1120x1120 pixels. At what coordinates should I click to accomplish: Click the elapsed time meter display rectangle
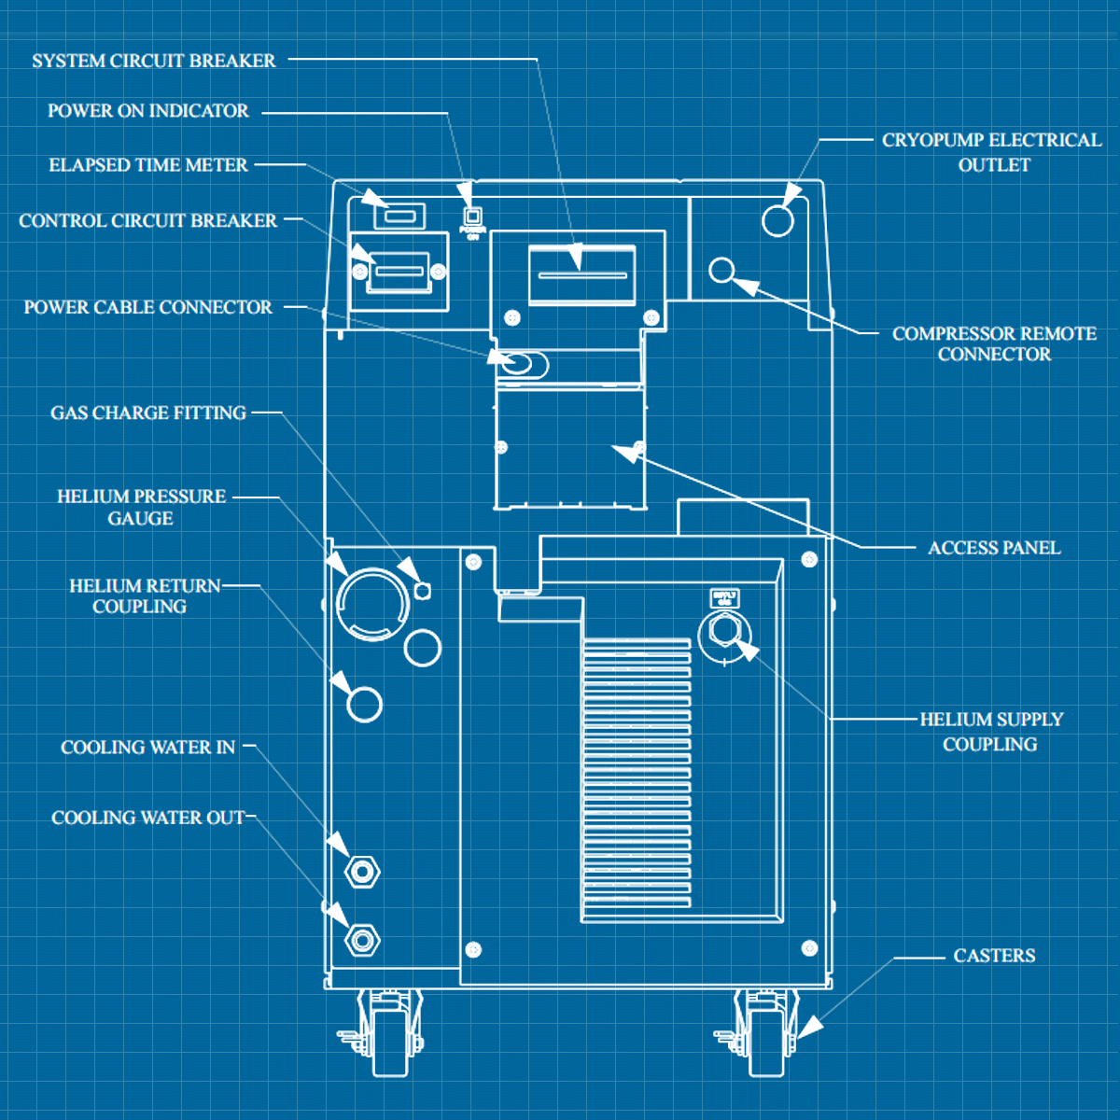click(x=400, y=217)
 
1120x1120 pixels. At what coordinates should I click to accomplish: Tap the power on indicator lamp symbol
click(x=472, y=217)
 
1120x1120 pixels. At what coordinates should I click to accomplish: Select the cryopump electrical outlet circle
click(x=777, y=220)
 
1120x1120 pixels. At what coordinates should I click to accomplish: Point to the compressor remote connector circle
click(x=721, y=271)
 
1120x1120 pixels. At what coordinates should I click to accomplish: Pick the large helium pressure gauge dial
click(x=372, y=604)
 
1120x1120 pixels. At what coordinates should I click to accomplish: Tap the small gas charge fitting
click(x=422, y=591)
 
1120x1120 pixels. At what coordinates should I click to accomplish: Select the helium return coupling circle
click(x=364, y=705)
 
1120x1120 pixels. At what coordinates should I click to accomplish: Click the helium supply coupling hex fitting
click(x=724, y=631)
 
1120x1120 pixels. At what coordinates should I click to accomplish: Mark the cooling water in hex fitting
click(x=362, y=872)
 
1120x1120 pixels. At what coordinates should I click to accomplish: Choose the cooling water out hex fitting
click(x=362, y=939)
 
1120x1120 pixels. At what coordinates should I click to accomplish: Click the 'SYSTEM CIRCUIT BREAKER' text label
click(x=154, y=61)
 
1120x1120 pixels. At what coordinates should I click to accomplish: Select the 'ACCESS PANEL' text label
click(x=994, y=548)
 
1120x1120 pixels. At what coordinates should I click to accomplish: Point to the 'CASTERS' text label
click(x=994, y=956)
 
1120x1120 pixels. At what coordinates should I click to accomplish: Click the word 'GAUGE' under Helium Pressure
click(x=140, y=519)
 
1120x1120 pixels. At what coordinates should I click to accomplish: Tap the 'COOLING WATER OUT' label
click(x=147, y=818)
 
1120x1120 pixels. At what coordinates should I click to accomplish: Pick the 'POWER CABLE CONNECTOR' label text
click(x=147, y=307)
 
